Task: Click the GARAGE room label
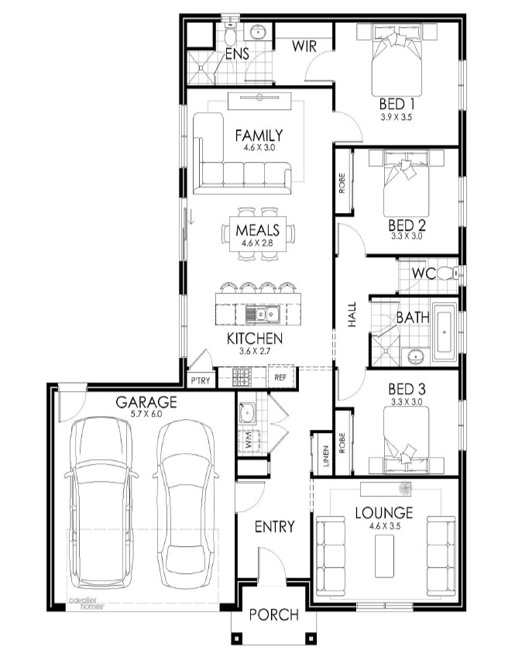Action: pyautogui.click(x=146, y=402)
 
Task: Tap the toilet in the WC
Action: pyautogui.click(x=448, y=273)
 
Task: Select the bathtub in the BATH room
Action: pyautogui.click(x=445, y=332)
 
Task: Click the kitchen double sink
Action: pyautogui.click(x=262, y=314)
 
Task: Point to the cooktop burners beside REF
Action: pyautogui.click(x=242, y=377)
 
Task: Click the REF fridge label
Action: pyautogui.click(x=280, y=377)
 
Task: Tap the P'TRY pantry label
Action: pyautogui.click(x=201, y=380)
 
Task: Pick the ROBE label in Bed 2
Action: pyautogui.click(x=342, y=183)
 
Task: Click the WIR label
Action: pyautogui.click(x=304, y=46)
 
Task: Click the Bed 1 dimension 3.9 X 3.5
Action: pyautogui.click(x=396, y=118)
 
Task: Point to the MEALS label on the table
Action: pyautogui.click(x=257, y=230)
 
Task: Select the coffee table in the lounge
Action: pyautogui.click(x=385, y=556)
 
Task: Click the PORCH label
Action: pyautogui.click(x=274, y=614)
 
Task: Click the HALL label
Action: pyautogui.click(x=352, y=315)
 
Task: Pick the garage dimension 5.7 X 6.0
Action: pyautogui.click(x=146, y=414)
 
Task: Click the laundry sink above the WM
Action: pyautogui.click(x=246, y=412)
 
